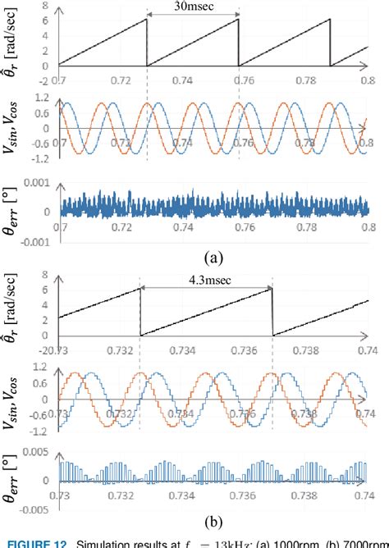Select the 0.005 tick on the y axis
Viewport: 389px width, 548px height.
40,450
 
